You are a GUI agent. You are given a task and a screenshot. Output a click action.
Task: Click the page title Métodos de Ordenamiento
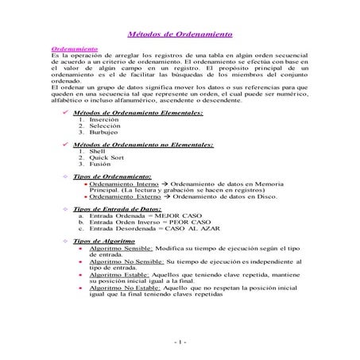pos(180,35)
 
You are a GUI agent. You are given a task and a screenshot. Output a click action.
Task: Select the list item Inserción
pos(106,120)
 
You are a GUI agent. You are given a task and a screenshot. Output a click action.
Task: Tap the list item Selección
pos(106,126)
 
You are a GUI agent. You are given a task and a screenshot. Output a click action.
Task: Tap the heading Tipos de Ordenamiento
pos(111,176)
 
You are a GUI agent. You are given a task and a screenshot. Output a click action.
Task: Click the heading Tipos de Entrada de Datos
pos(117,208)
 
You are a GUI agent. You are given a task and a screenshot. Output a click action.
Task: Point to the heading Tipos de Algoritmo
pos(103,240)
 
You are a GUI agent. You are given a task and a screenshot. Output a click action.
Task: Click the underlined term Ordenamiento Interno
pos(123,183)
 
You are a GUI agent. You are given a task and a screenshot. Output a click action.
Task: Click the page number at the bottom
pos(180,343)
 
